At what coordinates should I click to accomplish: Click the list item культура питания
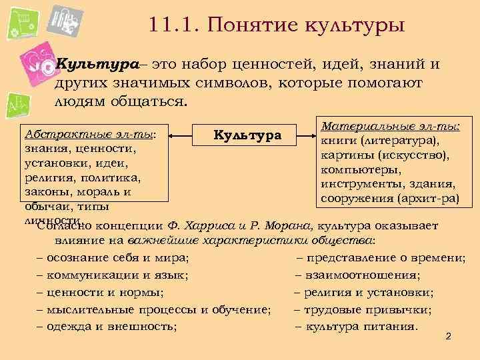(x=361, y=327)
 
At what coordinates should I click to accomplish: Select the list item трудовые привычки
(x=367, y=309)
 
